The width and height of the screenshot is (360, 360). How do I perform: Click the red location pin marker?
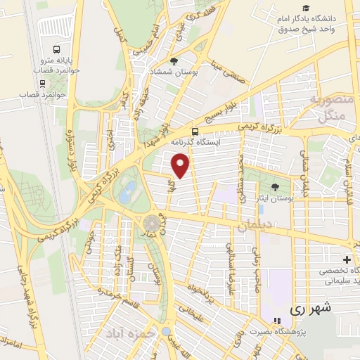(x=181, y=166)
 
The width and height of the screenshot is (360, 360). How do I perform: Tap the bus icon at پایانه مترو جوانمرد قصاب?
(x=56, y=51)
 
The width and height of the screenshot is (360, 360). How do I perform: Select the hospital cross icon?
(x=345, y=259)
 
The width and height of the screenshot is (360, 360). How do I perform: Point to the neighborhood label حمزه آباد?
(x=129, y=332)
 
